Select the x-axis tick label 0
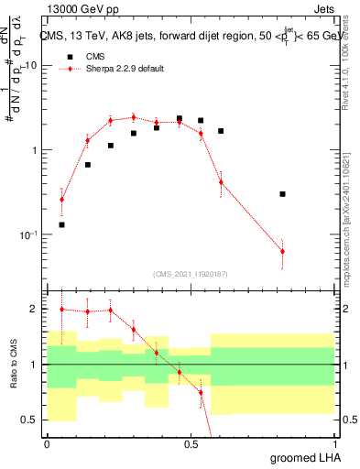click(x=47, y=444)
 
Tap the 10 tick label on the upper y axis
click(x=30, y=66)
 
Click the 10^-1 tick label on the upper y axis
click(x=28, y=234)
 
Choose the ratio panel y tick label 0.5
click(x=30, y=420)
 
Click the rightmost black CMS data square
click(x=282, y=194)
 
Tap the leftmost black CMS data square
click(x=62, y=224)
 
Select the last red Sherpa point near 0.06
click(x=282, y=251)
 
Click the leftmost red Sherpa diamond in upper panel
click(x=62, y=199)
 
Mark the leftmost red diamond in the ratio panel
click(x=62, y=310)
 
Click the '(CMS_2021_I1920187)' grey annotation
click(x=191, y=272)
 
